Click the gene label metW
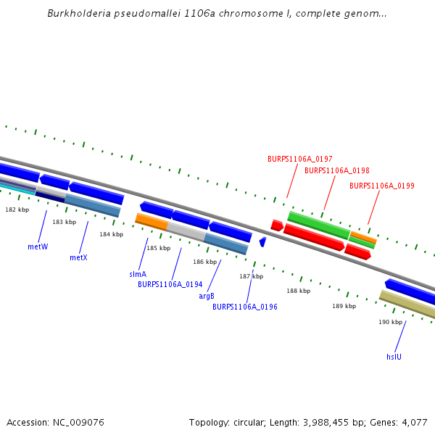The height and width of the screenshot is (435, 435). coord(38,246)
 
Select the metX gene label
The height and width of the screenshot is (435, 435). coord(78,257)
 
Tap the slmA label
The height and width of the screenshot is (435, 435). coord(138,274)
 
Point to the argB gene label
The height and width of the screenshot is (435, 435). coord(207,296)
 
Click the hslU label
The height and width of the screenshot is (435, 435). coord(394,357)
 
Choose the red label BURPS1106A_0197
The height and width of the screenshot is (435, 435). coord(299,159)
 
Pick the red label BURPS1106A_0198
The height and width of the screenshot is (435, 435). coord(336,171)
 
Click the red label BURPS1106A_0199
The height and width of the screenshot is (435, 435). coord(381,186)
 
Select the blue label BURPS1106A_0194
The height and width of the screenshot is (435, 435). coord(170,284)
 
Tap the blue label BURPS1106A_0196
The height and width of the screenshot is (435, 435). coord(244,307)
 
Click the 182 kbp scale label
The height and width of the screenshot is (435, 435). coord(17,210)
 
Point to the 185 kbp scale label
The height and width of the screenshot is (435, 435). coord(158,249)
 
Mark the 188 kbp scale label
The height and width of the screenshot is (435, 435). coord(298,291)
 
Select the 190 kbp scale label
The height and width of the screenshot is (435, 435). coord(390,322)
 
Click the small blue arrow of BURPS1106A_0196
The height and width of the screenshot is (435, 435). coord(262,241)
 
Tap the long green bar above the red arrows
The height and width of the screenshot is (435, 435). coord(318,225)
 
